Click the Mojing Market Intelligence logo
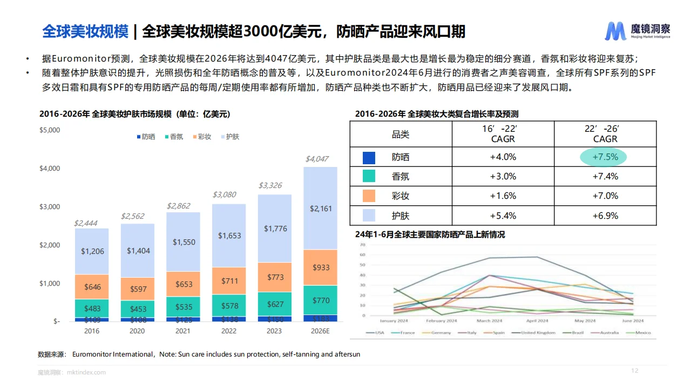click(x=638, y=31)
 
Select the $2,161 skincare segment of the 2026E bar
click(x=320, y=208)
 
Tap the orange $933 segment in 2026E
click(x=320, y=267)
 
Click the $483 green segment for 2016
click(x=92, y=308)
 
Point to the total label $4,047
click(x=317, y=159)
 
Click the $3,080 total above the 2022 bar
click(x=224, y=194)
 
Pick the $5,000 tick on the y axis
click(x=50, y=130)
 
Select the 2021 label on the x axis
click(x=183, y=331)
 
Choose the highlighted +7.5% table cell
click(x=605, y=157)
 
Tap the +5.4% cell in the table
click(x=503, y=216)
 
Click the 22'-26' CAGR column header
click(x=605, y=134)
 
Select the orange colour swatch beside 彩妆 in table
click(x=369, y=196)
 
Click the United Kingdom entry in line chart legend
click(x=538, y=333)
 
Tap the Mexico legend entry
click(x=642, y=333)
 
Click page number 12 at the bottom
click(x=635, y=371)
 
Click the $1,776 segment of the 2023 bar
click(x=275, y=229)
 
